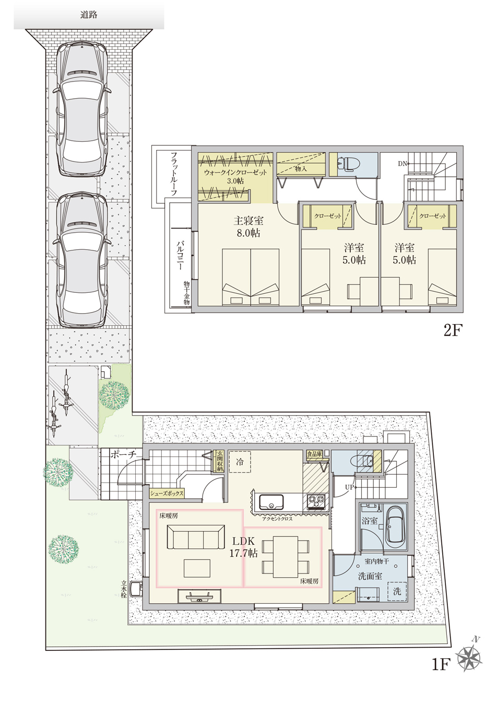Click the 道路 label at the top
tap(89, 15)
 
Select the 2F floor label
tap(453, 330)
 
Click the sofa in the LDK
tap(196, 537)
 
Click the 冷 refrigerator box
tap(240, 462)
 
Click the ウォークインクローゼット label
tap(235, 173)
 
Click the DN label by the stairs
tap(402, 164)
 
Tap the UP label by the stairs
tap(350, 487)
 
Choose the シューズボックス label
tap(167, 493)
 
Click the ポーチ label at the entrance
tap(122, 455)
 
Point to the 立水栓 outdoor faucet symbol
tap(135, 589)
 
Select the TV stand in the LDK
tap(199, 596)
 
